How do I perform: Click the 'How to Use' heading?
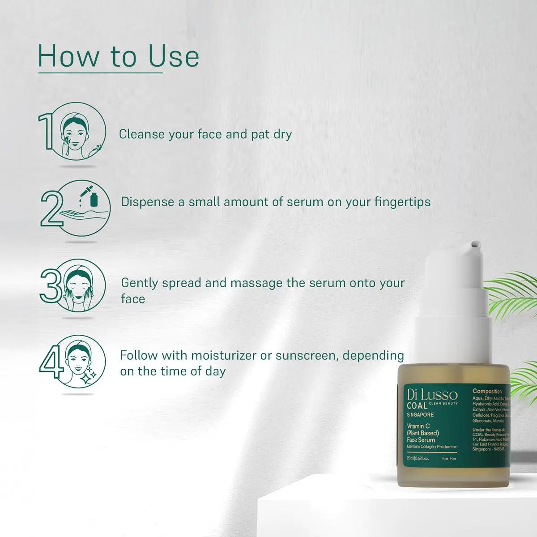tap(119, 57)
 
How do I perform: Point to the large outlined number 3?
tap(50, 285)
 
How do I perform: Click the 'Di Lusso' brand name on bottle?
tap(432, 395)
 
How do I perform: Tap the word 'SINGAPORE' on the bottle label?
tap(420, 415)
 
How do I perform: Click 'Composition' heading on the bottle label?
tap(487, 391)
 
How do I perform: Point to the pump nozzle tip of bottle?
tap(475, 244)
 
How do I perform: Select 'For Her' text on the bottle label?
tap(449, 459)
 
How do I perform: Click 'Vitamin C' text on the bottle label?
tap(418, 426)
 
